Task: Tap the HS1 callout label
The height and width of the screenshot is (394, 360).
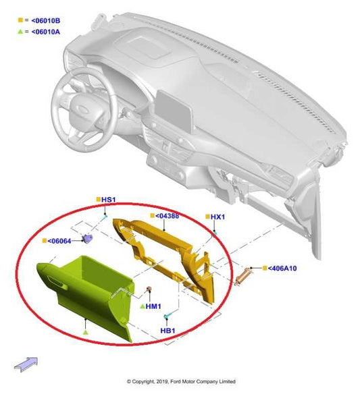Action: [109, 200]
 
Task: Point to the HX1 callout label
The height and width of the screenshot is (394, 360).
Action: [217, 217]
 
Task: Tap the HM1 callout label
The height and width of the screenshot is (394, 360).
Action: [154, 306]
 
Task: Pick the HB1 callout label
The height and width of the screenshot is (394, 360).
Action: [168, 331]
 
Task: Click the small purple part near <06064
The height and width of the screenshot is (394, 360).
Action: [88, 239]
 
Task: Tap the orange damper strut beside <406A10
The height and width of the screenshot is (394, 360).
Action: [242, 277]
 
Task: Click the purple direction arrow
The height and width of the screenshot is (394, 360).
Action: [26, 364]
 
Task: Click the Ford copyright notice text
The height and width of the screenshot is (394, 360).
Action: [180, 381]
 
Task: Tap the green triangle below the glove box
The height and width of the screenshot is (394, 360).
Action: [85, 333]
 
